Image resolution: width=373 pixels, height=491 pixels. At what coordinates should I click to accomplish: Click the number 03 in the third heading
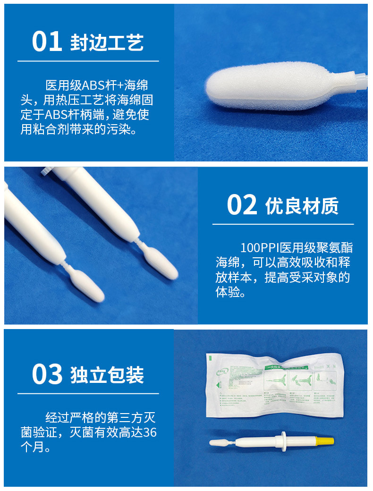coord(47,374)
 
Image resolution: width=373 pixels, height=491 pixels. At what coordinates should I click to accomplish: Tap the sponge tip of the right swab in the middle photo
coord(161,262)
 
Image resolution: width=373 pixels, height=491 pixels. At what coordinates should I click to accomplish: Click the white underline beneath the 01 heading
coord(88,61)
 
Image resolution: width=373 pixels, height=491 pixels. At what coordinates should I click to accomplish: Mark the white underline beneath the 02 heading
coord(283,224)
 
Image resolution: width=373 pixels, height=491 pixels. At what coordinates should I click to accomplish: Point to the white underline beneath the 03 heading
coord(88,393)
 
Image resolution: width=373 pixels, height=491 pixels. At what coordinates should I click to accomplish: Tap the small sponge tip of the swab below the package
coord(218,442)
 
